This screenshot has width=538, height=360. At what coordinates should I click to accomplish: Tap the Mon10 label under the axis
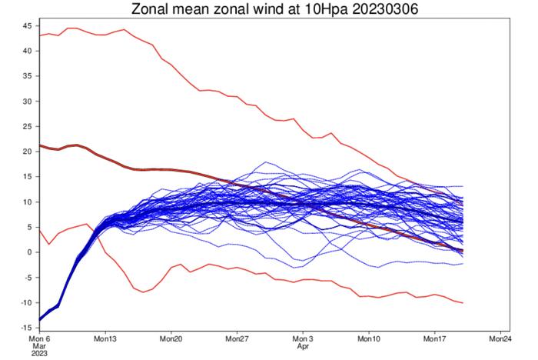click(370, 338)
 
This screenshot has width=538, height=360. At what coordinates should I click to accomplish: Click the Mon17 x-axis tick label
click(435, 338)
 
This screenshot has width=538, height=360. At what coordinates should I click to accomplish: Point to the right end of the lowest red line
click(463, 302)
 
